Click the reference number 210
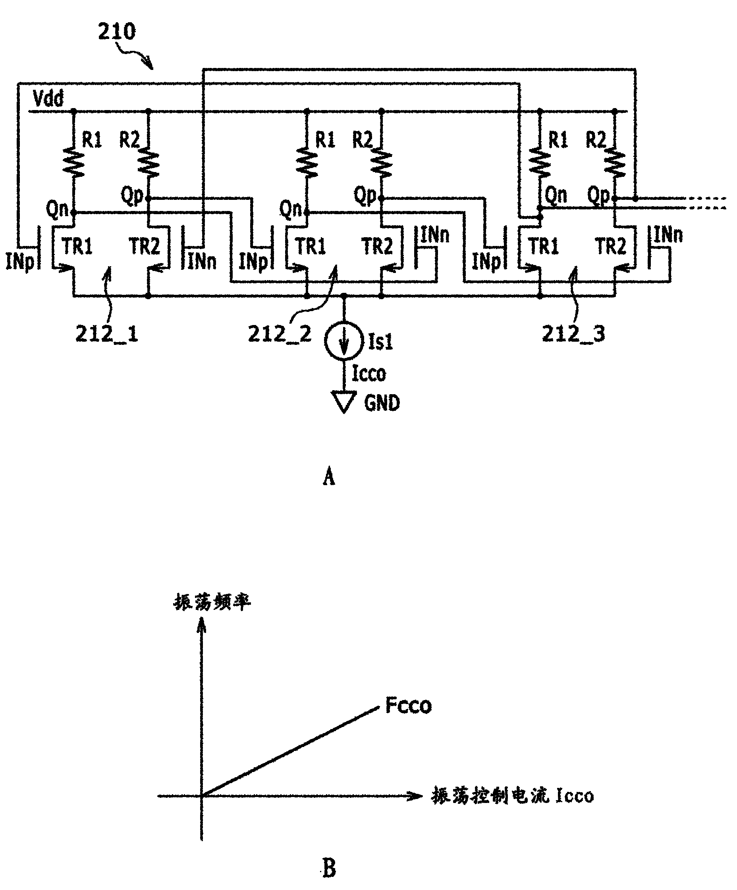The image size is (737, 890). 117,31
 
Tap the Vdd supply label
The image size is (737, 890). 48,98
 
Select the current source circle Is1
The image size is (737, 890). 344,341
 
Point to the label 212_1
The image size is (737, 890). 107,335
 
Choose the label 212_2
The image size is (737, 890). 280,335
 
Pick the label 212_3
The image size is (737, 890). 573,335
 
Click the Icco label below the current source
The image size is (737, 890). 369,373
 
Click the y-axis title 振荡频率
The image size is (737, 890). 212,602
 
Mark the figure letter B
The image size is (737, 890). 329,868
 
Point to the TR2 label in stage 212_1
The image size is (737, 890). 145,246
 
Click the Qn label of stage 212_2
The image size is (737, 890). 291,209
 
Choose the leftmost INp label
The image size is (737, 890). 20,261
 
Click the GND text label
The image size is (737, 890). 382,402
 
